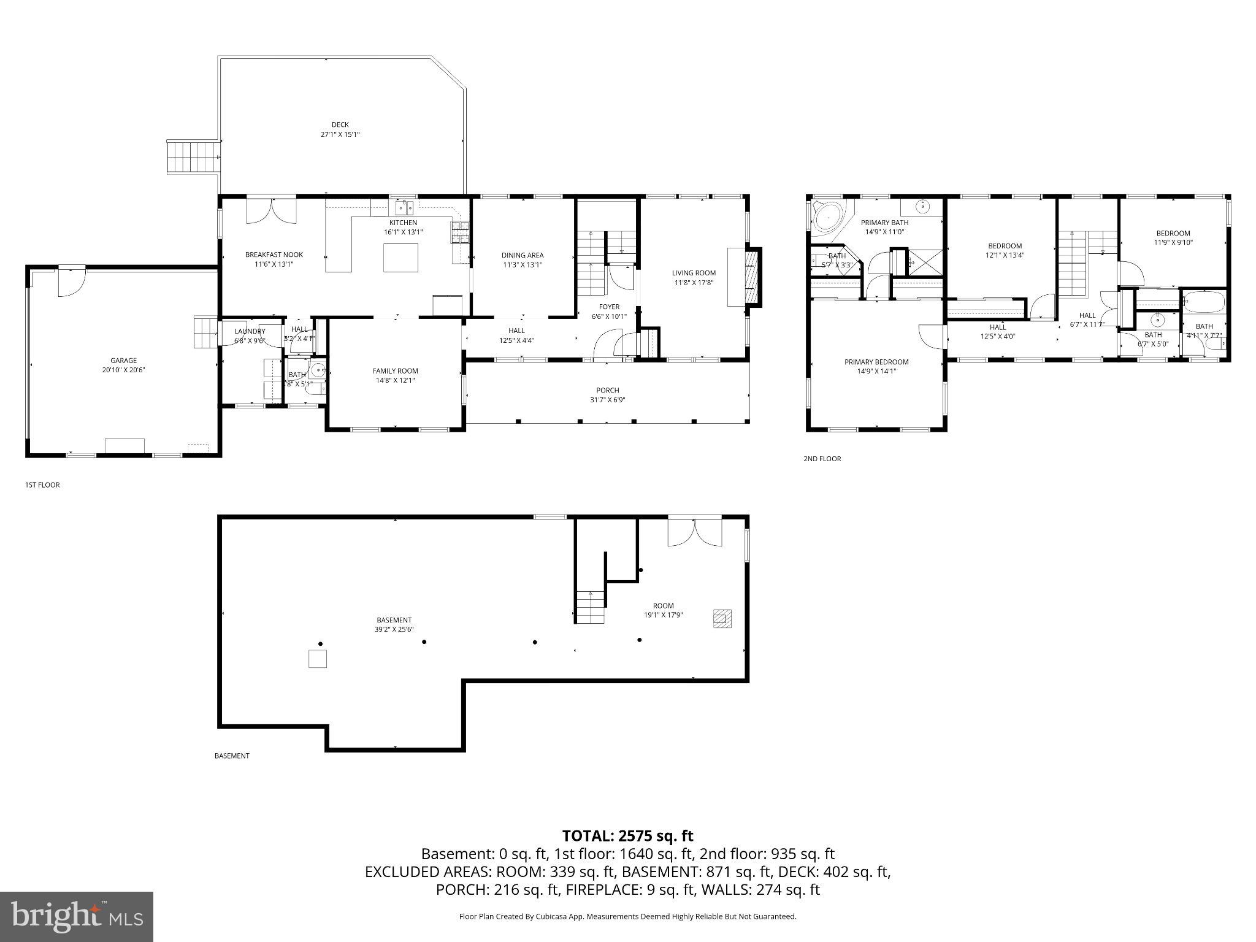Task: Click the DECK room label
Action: point(340,125)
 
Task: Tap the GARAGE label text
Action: point(123,361)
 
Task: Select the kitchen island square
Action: point(400,258)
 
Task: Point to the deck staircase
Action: point(193,156)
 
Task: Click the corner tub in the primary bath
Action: point(828,216)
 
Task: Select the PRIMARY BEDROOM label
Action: point(876,362)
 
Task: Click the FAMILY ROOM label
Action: point(395,370)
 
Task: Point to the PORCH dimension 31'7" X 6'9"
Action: point(607,400)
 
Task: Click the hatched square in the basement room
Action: point(722,618)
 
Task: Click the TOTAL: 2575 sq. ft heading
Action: point(627,836)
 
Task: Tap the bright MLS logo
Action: point(77,916)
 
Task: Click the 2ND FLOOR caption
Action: point(822,459)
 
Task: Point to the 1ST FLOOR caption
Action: point(42,484)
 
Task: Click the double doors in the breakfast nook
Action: point(271,210)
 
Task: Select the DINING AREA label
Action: point(522,255)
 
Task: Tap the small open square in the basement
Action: point(317,659)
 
